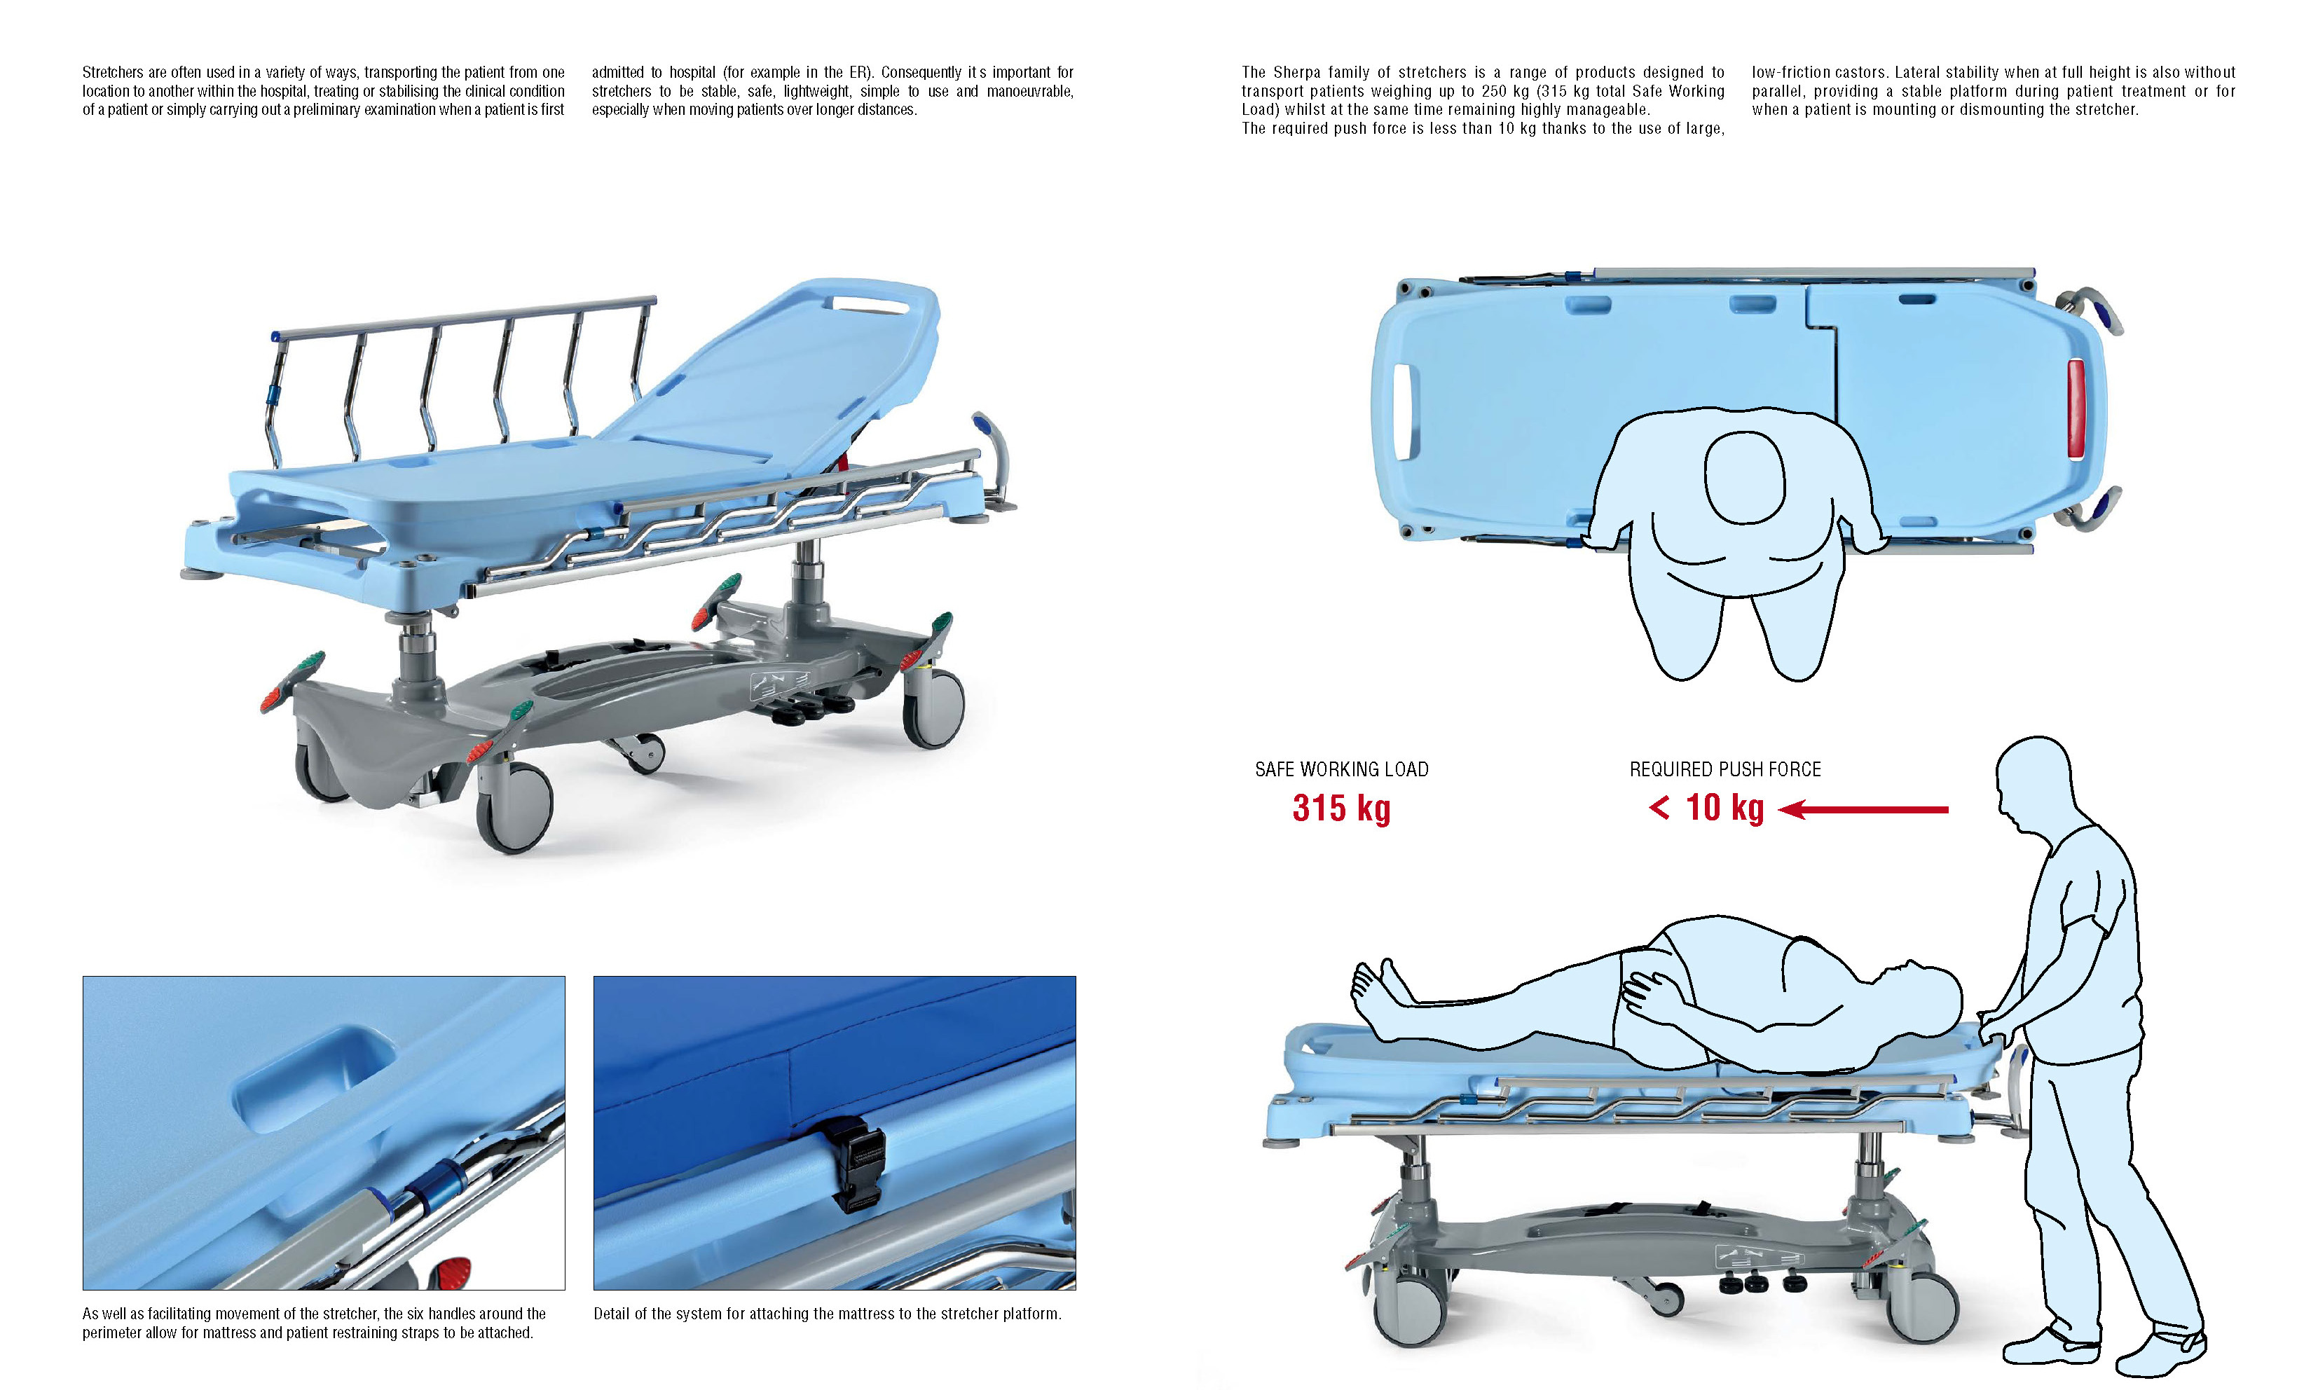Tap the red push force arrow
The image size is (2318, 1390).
1862,809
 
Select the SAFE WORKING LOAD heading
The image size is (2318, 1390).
1341,769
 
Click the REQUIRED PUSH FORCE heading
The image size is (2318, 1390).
1725,769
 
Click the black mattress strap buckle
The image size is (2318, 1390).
852,1166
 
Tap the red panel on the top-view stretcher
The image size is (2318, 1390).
2076,408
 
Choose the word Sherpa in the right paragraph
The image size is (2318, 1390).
1296,72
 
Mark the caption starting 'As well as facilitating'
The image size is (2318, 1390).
314,1323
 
